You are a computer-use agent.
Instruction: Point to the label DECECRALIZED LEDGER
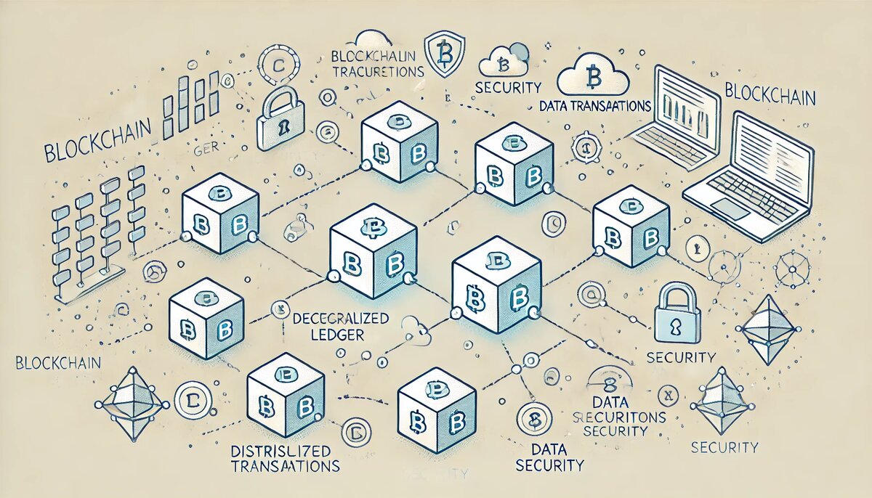pyautogui.click(x=340, y=326)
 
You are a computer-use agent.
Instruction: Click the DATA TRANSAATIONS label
pyautogui.click(x=595, y=106)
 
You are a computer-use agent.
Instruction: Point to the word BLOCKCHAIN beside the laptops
pyautogui.click(x=770, y=96)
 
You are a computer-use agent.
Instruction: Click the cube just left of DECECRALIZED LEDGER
pyautogui.click(x=206, y=320)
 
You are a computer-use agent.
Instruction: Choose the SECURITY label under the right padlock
pyautogui.click(x=681, y=358)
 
